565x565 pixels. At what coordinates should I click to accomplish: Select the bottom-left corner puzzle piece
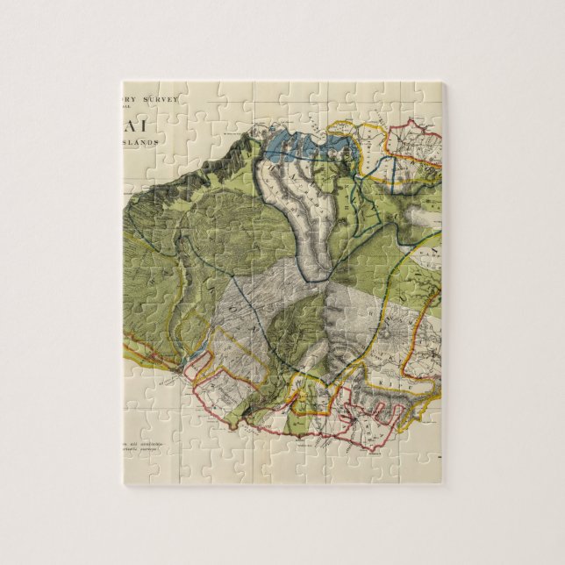point(141,466)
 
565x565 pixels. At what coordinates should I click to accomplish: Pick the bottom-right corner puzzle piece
point(426,466)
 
